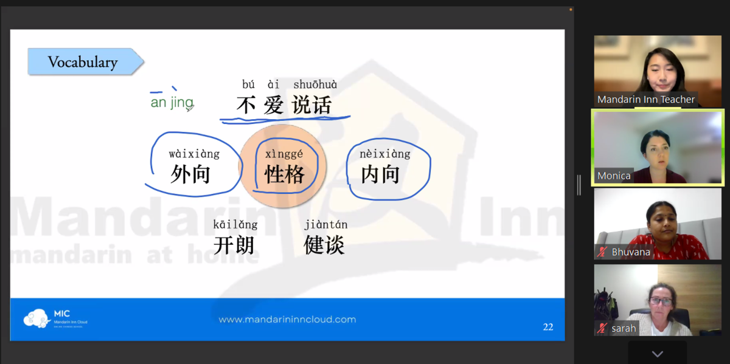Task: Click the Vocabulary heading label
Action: point(83,62)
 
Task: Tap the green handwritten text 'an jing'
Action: point(172,102)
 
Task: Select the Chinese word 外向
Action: point(190,174)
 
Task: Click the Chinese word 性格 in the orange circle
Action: point(284,174)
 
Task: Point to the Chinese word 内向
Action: point(380,174)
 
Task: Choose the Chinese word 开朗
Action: point(234,245)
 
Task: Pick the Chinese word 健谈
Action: point(324,245)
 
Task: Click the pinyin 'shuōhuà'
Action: point(315,84)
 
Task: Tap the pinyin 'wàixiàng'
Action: point(194,154)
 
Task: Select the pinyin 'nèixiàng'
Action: point(385,154)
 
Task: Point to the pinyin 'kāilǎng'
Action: point(235,225)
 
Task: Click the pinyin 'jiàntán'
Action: point(326,224)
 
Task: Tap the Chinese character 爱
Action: point(274,105)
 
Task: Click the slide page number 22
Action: point(548,327)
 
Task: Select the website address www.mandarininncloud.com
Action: point(287,320)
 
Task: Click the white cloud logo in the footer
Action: point(36,318)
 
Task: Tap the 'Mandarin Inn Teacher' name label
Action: point(646,99)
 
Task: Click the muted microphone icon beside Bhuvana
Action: point(602,252)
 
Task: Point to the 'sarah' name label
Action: point(624,329)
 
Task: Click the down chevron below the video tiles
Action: point(658,354)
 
